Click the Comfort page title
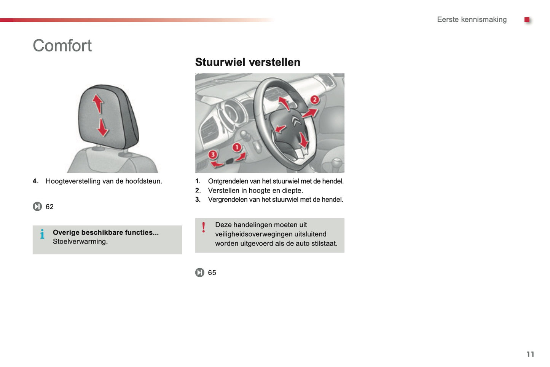(x=62, y=46)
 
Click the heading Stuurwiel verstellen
(x=247, y=62)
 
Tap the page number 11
(x=530, y=354)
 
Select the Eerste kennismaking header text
(x=472, y=19)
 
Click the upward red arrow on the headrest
(x=98, y=103)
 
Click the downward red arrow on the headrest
(x=102, y=127)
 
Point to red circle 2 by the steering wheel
(x=314, y=100)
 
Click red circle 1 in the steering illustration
(x=237, y=147)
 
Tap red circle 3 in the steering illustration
(x=212, y=154)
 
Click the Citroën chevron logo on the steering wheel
(x=297, y=121)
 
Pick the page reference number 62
(x=49, y=207)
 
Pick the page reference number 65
(x=212, y=272)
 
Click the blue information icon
(x=42, y=234)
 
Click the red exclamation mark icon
(x=204, y=228)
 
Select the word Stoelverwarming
(x=80, y=241)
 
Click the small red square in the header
(x=527, y=19)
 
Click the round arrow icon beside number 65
(x=200, y=272)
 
